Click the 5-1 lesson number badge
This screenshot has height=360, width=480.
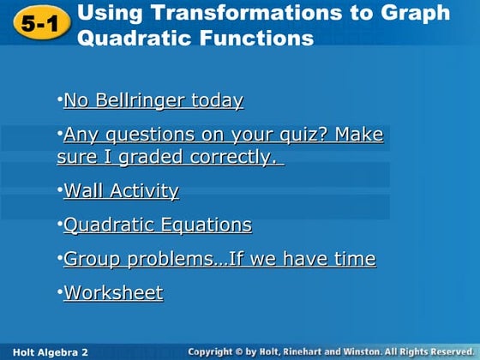tap(35, 25)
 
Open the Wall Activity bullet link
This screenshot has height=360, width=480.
tap(121, 190)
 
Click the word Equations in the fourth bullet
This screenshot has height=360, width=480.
tap(205, 225)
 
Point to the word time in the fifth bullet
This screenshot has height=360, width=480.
tap(353, 259)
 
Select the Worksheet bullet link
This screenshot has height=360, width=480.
tap(113, 293)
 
